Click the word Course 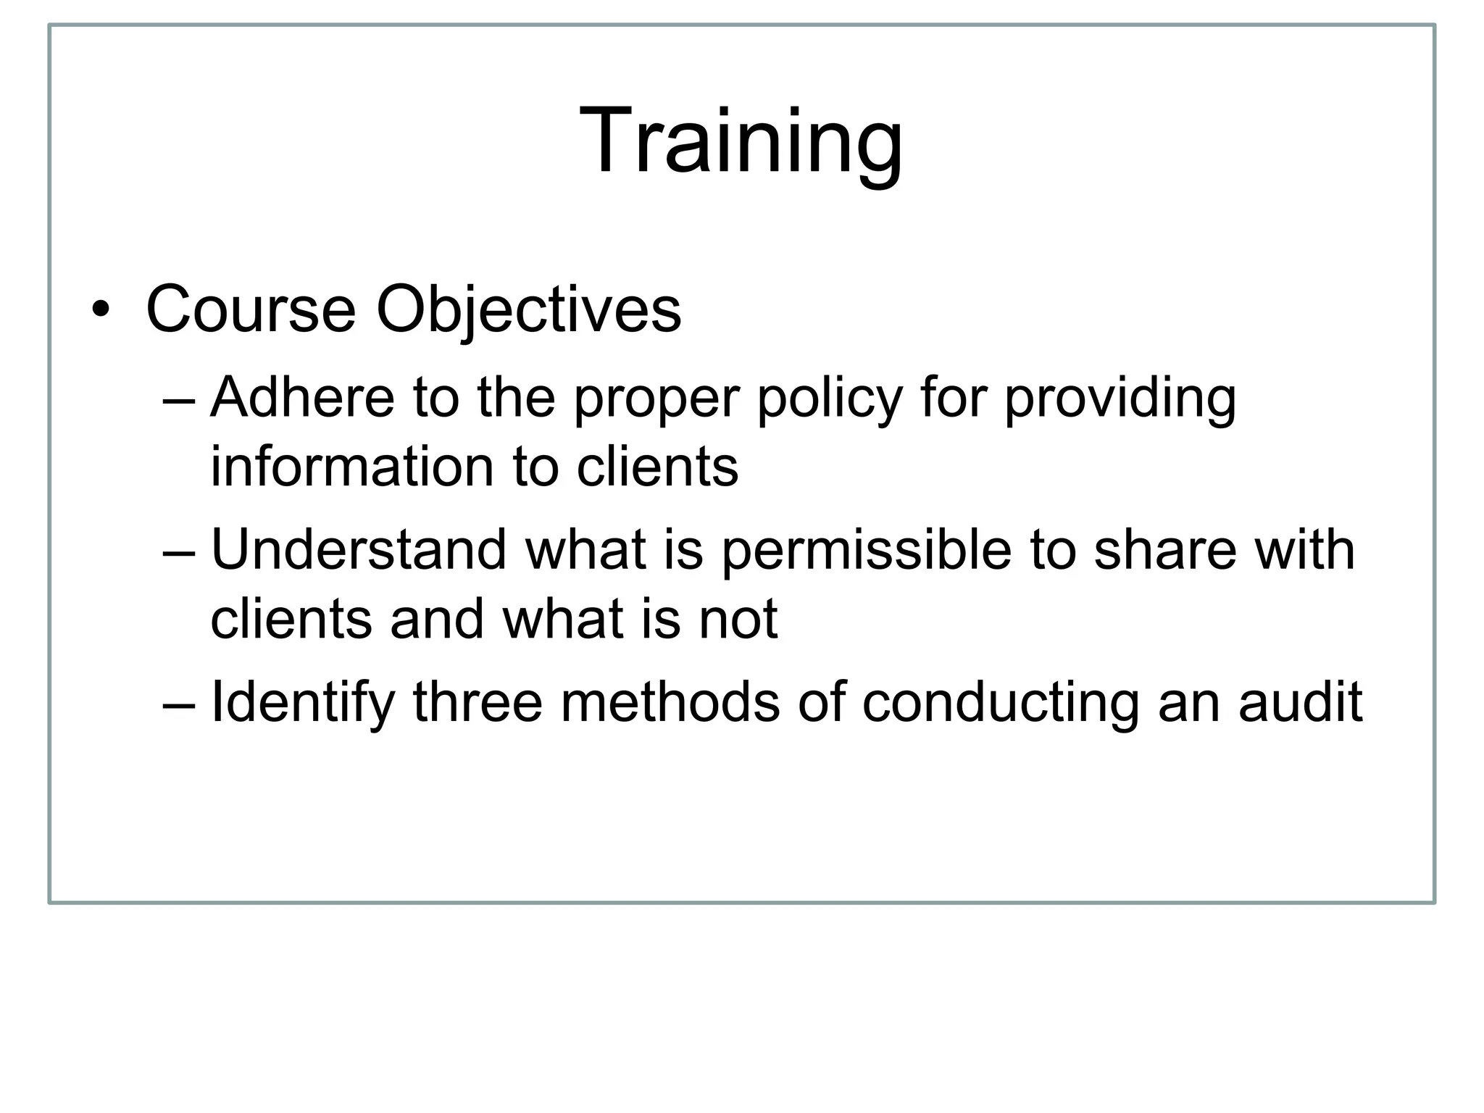click(x=251, y=310)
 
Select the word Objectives click(x=528, y=310)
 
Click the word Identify click(x=302, y=702)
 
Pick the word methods click(x=670, y=702)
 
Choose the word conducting click(x=1001, y=702)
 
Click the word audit click(x=1300, y=702)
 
